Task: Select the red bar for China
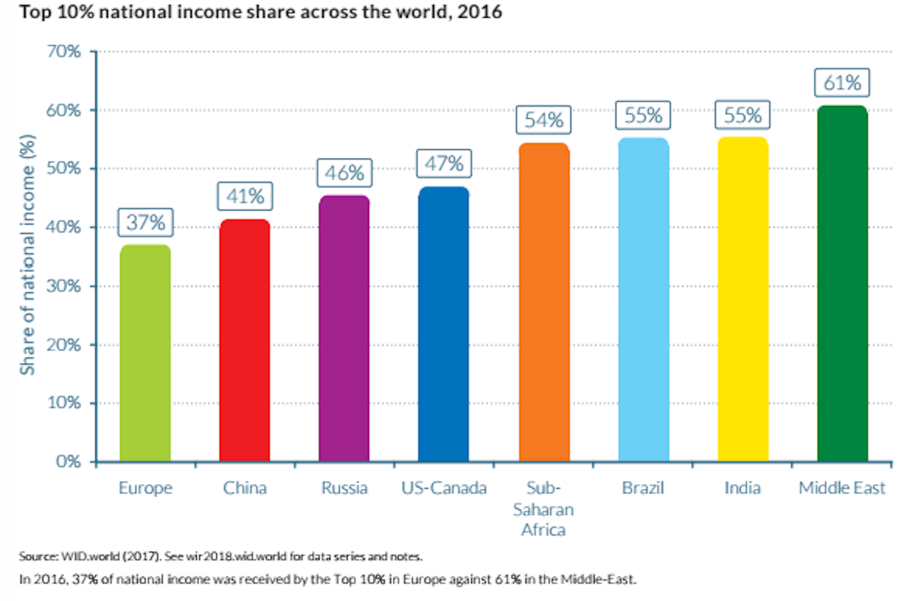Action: click(245, 341)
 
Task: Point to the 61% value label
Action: click(842, 82)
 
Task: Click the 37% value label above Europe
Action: click(145, 223)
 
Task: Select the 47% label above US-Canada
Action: click(444, 164)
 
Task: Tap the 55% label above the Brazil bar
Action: click(643, 115)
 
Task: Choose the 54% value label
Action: click(543, 120)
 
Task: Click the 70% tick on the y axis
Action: click(64, 51)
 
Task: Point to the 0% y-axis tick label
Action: click(68, 462)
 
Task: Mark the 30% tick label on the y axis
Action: click(64, 286)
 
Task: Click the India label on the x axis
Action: click(742, 488)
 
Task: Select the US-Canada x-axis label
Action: click(444, 488)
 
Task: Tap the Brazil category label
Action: click(643, 488)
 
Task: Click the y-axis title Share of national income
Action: click(27, 254)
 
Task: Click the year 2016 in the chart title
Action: click(479, 12)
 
